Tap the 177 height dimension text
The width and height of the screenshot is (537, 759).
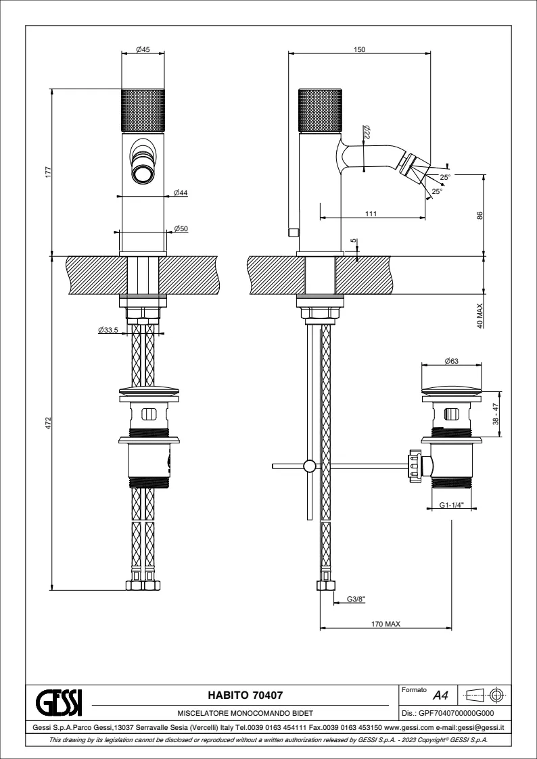point(48,172)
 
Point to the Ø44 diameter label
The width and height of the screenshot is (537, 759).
point(181,193)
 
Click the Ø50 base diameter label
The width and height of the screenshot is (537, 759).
point(181,229)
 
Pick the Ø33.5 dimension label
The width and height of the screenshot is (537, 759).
point(108,330)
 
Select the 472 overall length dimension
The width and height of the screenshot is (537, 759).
point(48,422)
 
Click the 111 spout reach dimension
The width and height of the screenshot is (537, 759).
point(371,214)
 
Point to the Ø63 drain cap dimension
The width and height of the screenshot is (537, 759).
point(452,361)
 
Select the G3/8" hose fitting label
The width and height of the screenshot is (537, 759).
point(356,599)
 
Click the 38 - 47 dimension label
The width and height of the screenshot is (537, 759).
point(496,414)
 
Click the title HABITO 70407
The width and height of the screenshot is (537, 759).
point(244,694)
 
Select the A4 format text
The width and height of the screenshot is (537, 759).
point(440,695)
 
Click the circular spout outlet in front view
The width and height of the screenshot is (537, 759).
point(143,174)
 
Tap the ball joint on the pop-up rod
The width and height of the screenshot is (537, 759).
point(309,466)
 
